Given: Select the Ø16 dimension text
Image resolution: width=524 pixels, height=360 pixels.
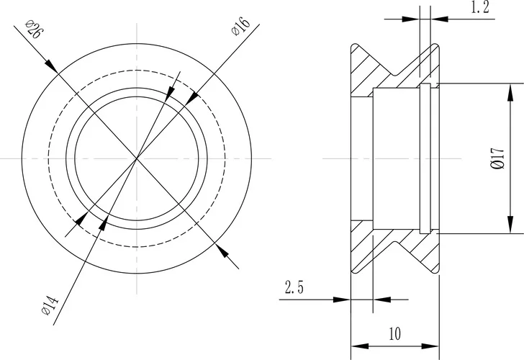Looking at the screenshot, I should pyautogui.click(x=240, y=28).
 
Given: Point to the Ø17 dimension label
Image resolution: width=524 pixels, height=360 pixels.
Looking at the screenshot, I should pyautogui.click(x=497, y=158).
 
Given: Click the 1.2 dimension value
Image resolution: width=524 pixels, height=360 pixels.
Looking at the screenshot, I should pyautogui.click(x=480, y=9).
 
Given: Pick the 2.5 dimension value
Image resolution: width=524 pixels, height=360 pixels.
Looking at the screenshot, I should pyautogui.click(x=294, y=289).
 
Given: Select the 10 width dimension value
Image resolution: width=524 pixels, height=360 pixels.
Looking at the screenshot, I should pyautogui.click(x=394, y=334).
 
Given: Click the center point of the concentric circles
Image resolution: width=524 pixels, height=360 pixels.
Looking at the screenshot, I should pyautogui.click(x=137, y=158).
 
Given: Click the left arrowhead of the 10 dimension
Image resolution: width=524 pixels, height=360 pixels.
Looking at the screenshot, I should pyautogui.click(x=356, y=345).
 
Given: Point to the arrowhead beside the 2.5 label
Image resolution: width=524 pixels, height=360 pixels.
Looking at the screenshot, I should pyautogui.click(x=343, y=299).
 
